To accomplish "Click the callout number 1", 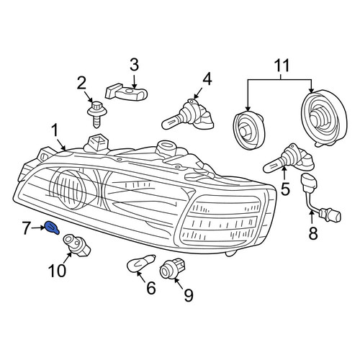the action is (55, 131).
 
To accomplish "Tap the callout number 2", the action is (81, 83).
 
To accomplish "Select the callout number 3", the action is (134, 65).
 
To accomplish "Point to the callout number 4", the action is (207, 78).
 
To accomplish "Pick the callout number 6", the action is (151, 287).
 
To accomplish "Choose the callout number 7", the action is (27, 228).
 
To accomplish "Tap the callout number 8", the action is (313, 233).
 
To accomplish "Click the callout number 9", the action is (189, 294).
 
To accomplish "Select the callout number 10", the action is (57, 270).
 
